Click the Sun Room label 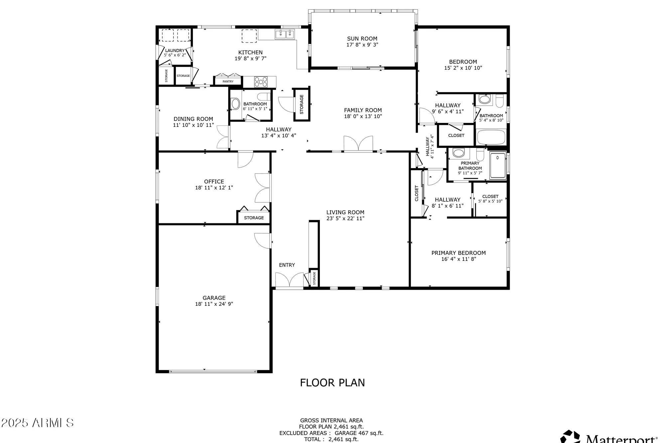362,39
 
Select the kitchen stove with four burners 261,82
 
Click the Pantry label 228,81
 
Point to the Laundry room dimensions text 175,55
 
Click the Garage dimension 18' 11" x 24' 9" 214,304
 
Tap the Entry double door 289,280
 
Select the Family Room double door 358,144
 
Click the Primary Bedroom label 458,253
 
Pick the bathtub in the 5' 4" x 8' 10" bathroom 491,137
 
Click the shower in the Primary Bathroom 497,165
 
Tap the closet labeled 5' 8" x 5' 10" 490,199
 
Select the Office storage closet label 254,218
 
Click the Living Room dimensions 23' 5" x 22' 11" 345,218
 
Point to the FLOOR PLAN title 332,383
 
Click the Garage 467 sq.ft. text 359,433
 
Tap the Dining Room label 193,119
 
